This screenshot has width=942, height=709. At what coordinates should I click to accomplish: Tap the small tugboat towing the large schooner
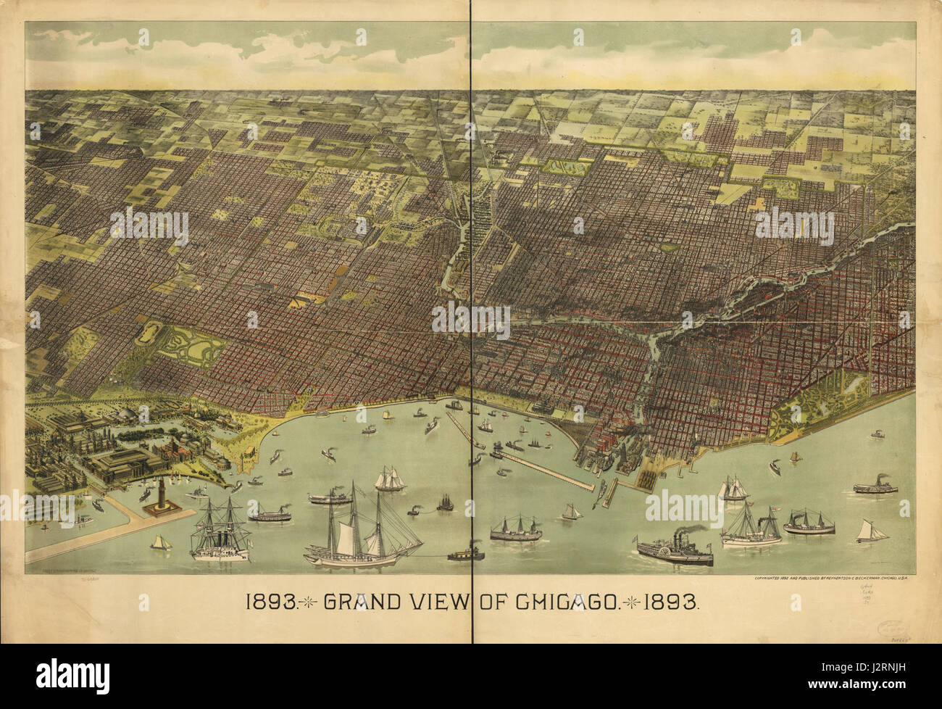pos(462,555)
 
